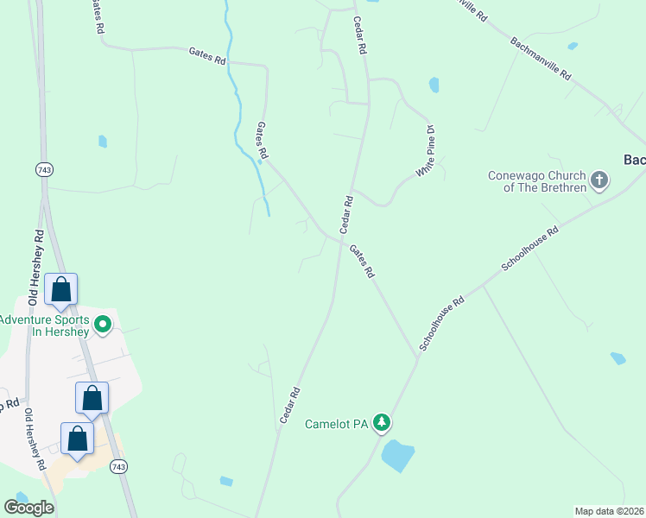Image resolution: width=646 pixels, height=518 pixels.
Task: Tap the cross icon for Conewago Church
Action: (x=599, y=181)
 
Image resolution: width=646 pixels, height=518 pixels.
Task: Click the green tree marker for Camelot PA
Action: (x=383, y=423)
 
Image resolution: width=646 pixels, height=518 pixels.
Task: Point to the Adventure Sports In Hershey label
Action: (x=44, y=325)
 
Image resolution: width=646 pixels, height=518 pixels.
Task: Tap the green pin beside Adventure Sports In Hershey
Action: (x=103, y=325)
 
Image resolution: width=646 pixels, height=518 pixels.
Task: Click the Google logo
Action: (x=28, y=508)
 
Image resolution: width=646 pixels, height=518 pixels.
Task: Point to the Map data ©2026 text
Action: (x=610, y=511)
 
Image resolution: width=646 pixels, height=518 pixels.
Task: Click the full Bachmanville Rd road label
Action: (x=541, y=59)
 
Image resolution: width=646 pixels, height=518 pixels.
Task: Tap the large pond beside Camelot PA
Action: (x=397, y=455)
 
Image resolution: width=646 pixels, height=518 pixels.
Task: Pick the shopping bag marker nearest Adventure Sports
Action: (x=61, y=290)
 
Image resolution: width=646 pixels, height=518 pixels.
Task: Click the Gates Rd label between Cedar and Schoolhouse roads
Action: (x=362, y=260)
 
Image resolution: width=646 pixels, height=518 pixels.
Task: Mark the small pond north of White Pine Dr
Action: (x=434, y=85)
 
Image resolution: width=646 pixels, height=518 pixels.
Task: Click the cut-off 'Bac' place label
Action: (x=634, y=160)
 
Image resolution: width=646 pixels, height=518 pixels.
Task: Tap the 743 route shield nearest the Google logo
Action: (x=119, y=466)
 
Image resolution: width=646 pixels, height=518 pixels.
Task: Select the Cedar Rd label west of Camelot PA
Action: (x=289, y=404)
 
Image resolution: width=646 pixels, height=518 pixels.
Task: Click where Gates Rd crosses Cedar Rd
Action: (x=338, y=239)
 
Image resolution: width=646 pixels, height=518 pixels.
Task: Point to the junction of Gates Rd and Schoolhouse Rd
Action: (x=418, y=356)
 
